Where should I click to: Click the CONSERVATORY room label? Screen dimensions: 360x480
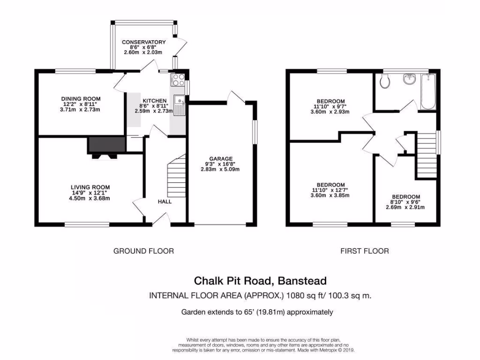144,42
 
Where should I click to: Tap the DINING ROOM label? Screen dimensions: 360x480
81,98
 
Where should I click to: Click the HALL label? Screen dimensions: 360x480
165,202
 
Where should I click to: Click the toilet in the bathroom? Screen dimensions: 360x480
385,82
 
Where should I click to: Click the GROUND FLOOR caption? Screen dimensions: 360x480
143,251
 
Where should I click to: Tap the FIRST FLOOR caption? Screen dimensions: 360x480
364,251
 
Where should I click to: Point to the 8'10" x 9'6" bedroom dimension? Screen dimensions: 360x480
406,202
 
